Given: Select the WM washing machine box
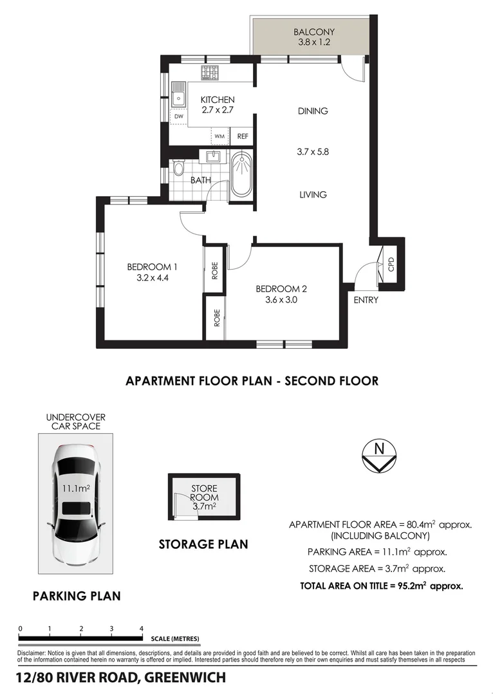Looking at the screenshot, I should (220, 136).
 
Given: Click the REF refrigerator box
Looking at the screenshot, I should (243, 136).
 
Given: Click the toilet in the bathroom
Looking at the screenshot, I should (178, 171).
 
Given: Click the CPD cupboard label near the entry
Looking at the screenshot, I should (391, 264).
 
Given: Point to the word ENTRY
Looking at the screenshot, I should (366, 300).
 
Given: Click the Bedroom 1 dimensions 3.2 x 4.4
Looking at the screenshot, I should (152, 279).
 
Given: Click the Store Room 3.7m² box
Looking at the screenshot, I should (204, 497).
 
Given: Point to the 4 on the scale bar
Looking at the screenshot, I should (141, 628).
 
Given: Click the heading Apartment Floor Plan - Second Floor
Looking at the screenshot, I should (252, 381).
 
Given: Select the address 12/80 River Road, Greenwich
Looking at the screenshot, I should (121, 678).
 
